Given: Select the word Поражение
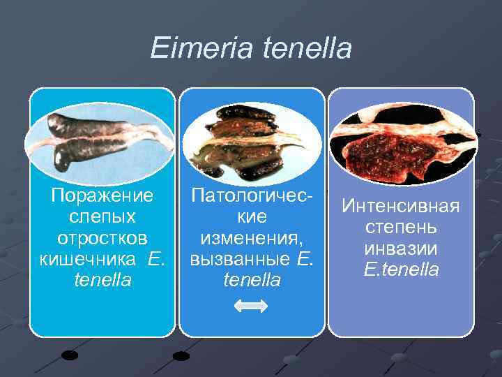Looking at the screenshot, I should tap(102, 198).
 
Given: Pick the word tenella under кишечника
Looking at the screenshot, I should tap(102, 280).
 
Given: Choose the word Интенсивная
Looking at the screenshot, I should tap(401, 207).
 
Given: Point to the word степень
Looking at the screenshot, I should tap(401, 228).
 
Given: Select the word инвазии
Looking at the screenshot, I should tap(401, 249).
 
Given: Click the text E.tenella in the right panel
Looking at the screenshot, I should tap(401, 269).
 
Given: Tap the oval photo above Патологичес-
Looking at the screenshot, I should tap(252, 138).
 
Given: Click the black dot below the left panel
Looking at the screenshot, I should tap(70, 354).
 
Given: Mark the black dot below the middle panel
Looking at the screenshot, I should tap(181, 356).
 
